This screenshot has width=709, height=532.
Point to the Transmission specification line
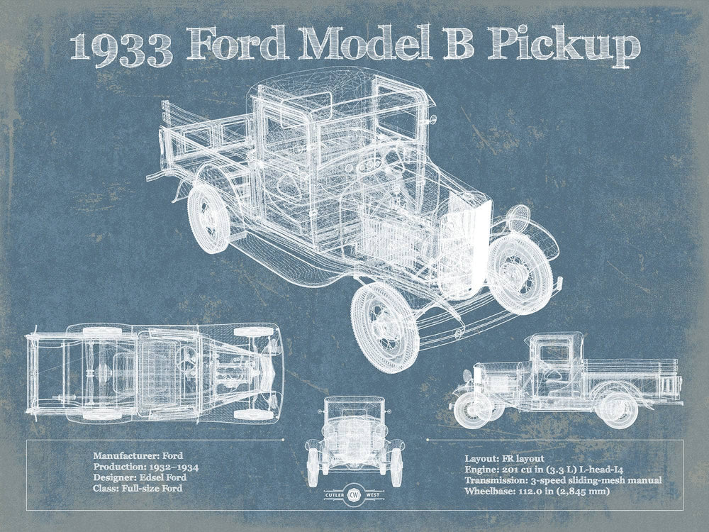tap(563, 480)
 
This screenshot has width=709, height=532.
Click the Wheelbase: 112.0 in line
tap(537, 491)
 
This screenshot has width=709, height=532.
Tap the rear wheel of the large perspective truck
tap(208, 218)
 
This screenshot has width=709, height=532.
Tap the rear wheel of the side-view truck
tap(616, 410)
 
